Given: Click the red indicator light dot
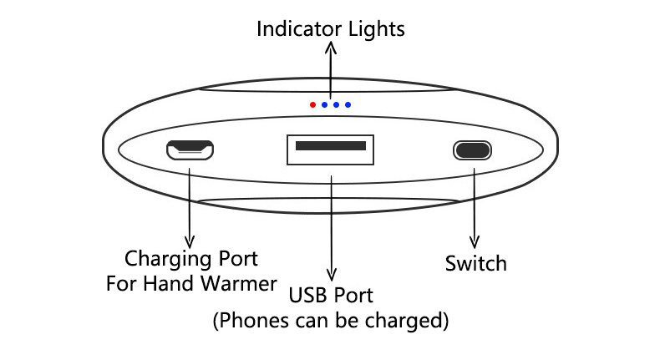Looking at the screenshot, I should tap(312, 105).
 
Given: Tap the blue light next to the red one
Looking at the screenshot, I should tap(324, 105).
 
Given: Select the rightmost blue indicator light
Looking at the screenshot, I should tap(348, 105).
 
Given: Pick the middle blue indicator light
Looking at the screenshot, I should tap(336, 105).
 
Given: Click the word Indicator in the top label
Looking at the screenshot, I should tap(297, 30).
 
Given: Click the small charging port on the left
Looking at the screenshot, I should tap(190, 150).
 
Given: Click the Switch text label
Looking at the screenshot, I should tap(475, 264).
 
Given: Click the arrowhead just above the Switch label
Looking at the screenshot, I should tap(475, 242).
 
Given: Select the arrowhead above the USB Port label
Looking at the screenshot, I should tap(333, 274).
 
